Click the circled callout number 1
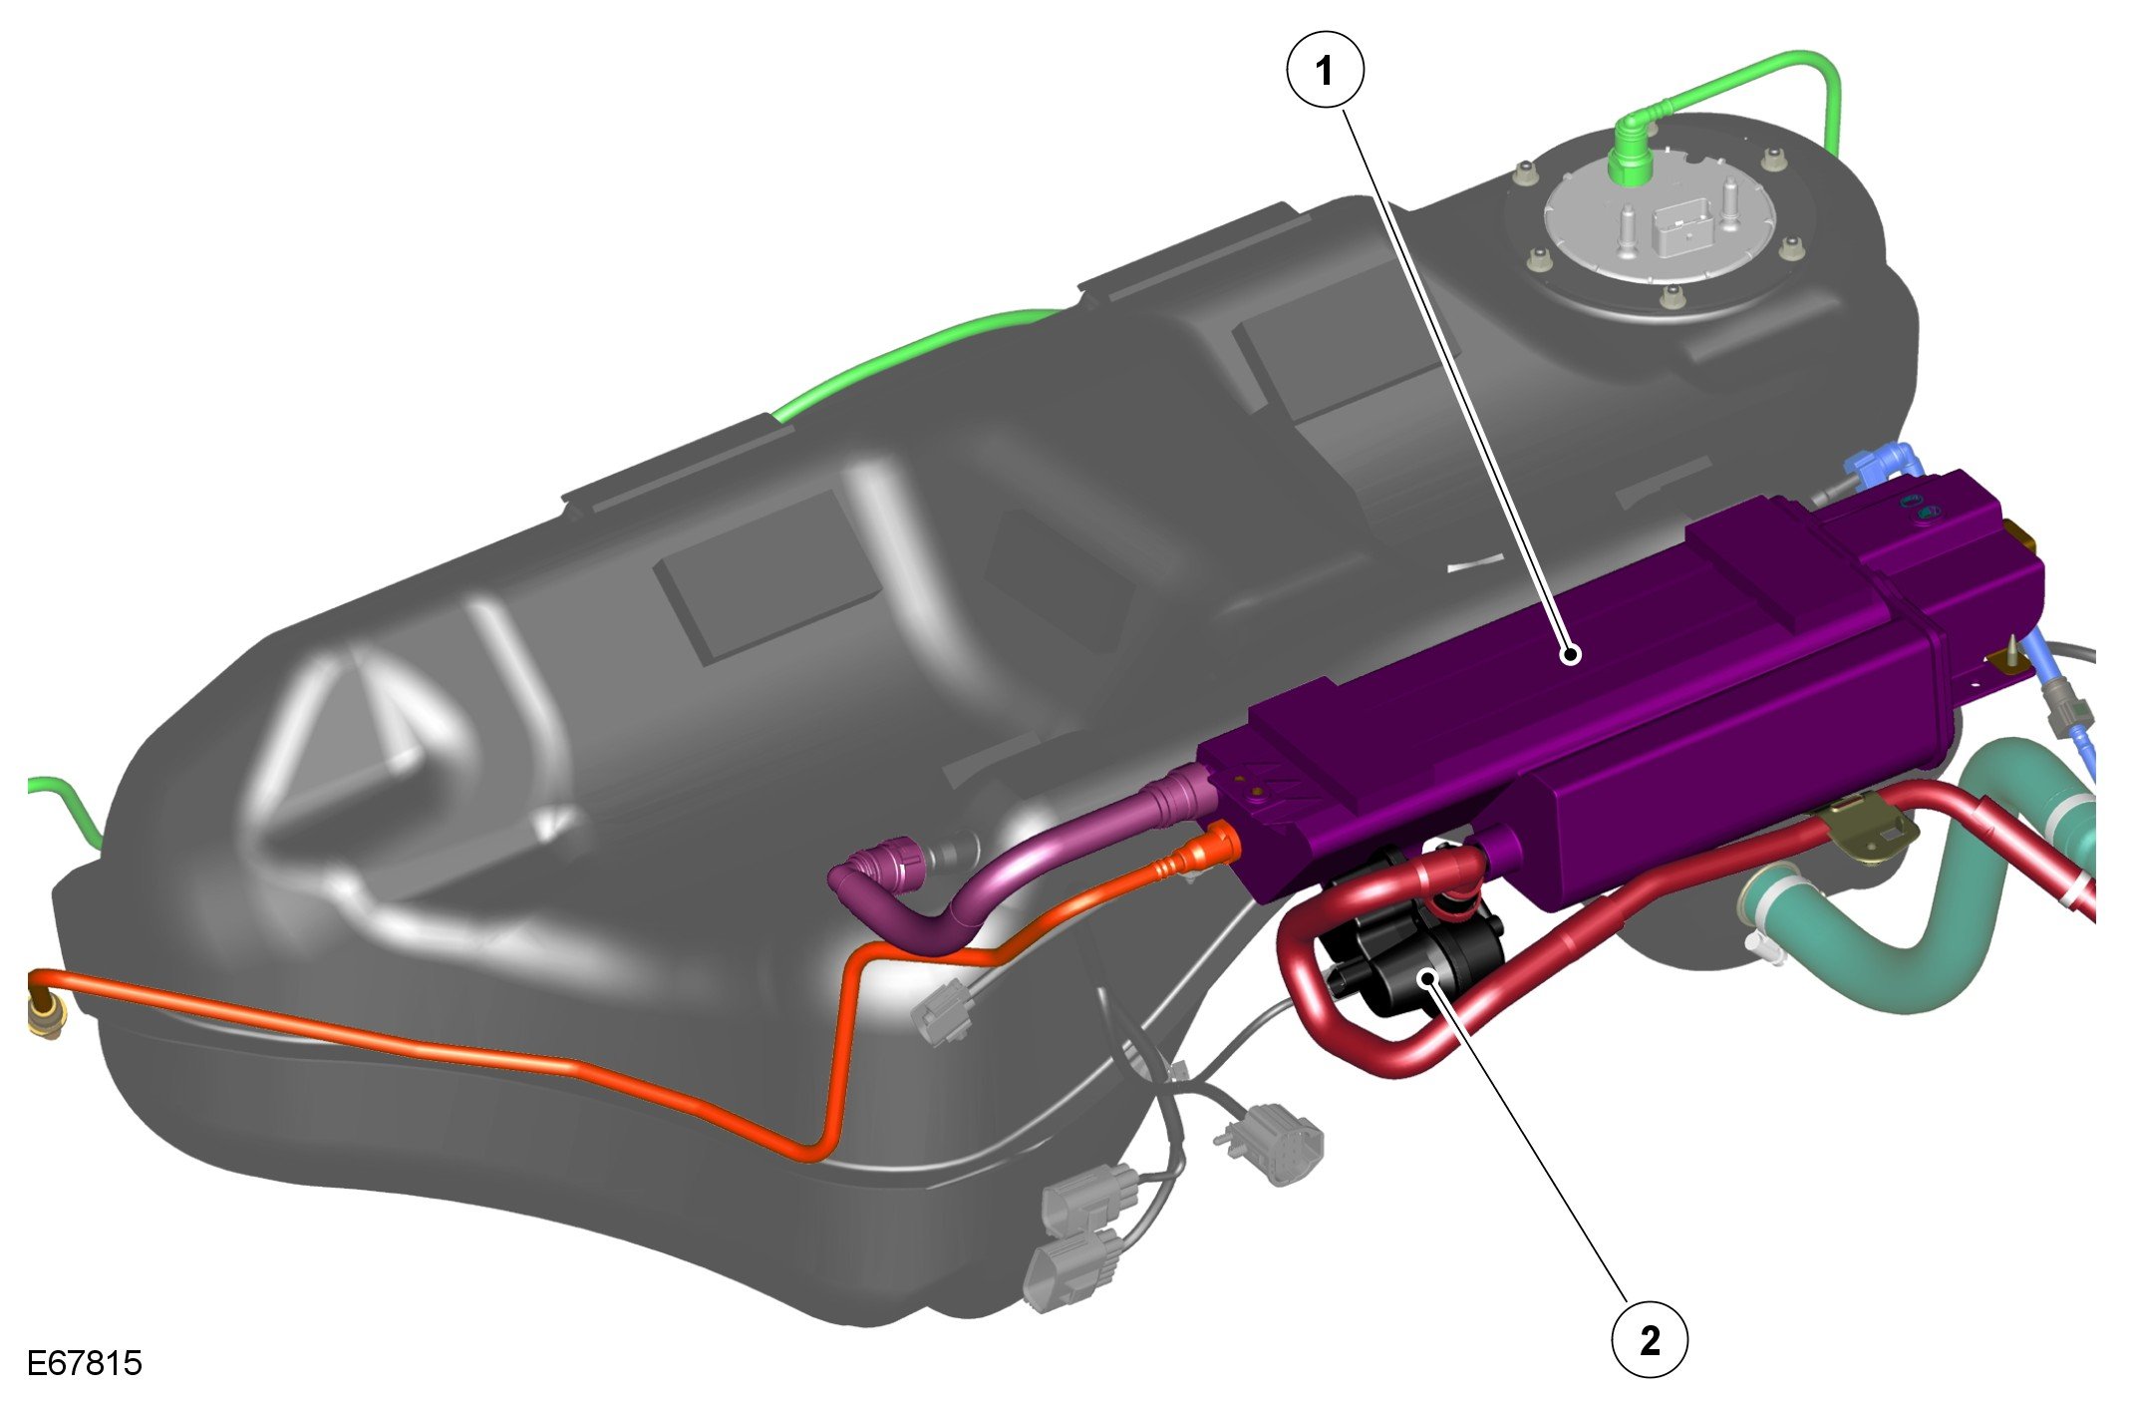click(1325, 71)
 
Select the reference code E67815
click(85, 1363)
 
